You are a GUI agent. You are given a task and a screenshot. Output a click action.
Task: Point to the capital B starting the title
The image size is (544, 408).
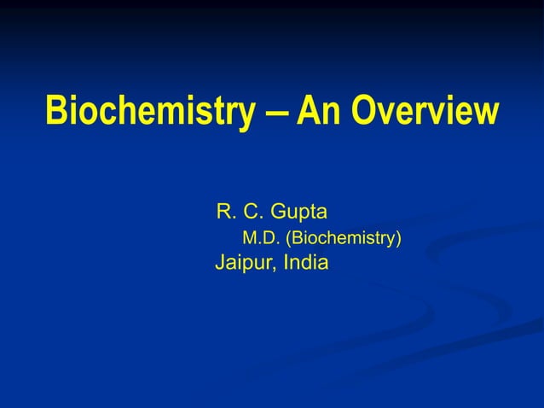click(56, 112)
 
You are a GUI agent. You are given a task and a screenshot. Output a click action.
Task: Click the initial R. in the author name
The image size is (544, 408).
click(228, 211)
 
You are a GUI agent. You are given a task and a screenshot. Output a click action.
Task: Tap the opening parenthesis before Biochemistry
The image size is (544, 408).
click(294, 237)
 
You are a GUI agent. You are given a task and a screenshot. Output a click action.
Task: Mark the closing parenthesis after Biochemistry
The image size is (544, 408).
click(398, 237)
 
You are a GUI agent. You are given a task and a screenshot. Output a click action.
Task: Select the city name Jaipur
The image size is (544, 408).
click(242, 263)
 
